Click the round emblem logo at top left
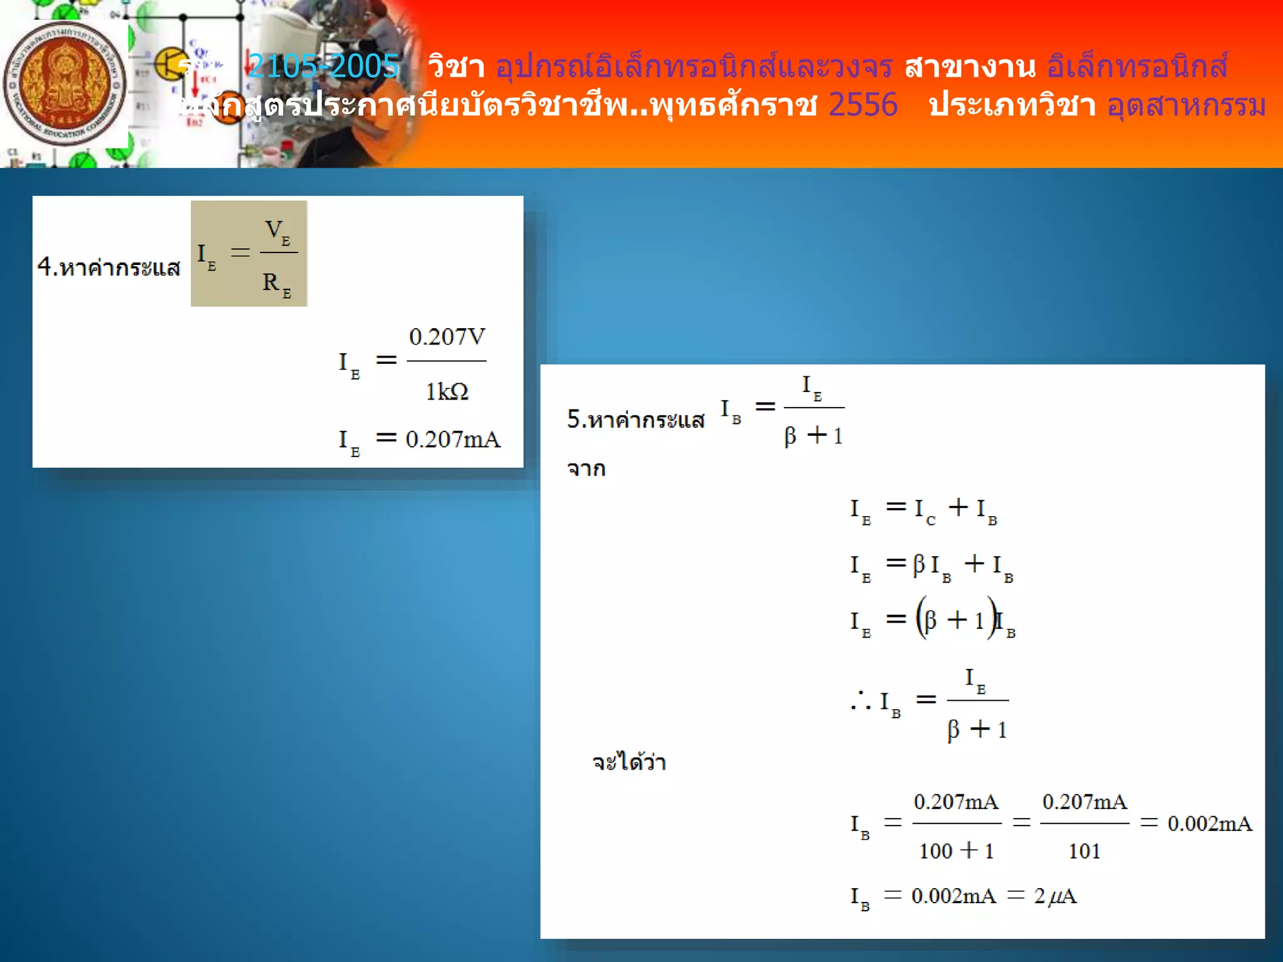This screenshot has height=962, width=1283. pos(64,84)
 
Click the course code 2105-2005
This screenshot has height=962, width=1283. pos(323,66)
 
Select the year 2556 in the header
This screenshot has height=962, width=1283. pos(863,105)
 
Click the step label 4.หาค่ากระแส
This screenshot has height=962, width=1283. pos(108,267)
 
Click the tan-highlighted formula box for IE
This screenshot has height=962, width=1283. pos(249,253)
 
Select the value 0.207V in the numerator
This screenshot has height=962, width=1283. pos(447,337)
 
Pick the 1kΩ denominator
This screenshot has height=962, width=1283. pos(447,392)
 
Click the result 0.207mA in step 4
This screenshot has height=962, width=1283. pos(453,440)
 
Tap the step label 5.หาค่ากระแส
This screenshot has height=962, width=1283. pos(635,420)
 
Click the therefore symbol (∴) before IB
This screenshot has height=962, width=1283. pos(860,701)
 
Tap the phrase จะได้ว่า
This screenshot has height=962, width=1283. pos(629,762)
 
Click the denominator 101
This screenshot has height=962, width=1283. pos(1084,851)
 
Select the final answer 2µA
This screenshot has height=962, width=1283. pos(1055,896)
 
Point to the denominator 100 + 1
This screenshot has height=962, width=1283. pos(956,851)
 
